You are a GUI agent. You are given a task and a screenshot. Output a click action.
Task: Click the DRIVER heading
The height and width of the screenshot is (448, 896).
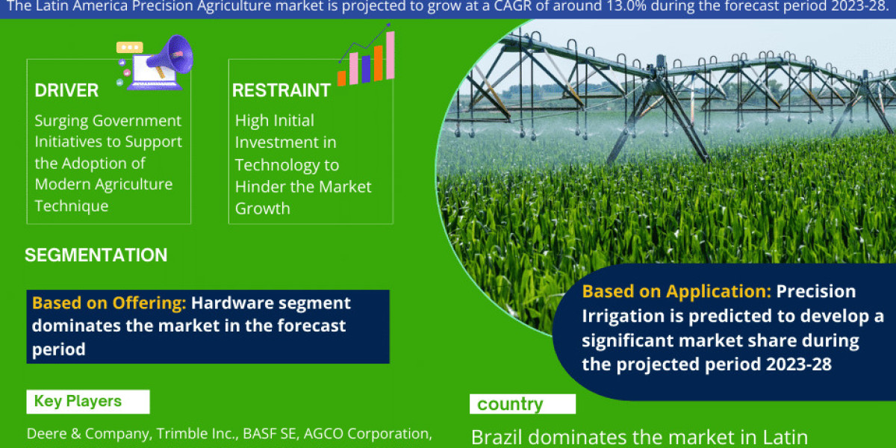pyautogui.click(x=66, y=90)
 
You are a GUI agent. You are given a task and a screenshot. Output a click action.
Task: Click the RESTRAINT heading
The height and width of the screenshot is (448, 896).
pyautogui.click(x=281, y=90)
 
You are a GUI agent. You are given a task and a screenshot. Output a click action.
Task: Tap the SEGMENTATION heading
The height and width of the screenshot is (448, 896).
pyautogui.click(x=96, y=255)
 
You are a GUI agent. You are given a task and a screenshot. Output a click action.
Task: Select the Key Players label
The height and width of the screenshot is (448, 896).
pyautogui.click(x=78, y=401)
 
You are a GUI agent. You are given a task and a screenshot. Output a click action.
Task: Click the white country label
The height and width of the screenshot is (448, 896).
pyautogui.click(x=510, y=404)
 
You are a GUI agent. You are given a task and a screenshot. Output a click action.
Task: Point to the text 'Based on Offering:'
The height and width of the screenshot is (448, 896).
pyautogui.click(x=109, y=303)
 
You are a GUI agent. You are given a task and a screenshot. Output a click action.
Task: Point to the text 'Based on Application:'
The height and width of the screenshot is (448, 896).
pyautogui.click(x=676, y=291)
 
